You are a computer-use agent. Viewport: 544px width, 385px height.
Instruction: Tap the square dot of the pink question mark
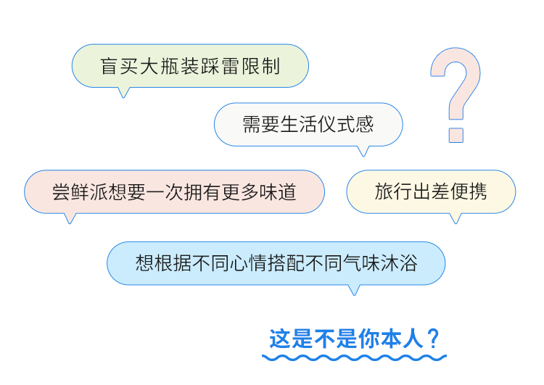click(456, 136)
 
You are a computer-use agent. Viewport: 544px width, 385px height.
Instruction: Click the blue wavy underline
click(354, 357)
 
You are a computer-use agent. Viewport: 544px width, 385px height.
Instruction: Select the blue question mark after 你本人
click(434, 339)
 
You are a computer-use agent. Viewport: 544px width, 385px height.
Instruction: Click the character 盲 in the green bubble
click(109, 66)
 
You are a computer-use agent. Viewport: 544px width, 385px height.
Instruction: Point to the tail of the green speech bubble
click(123, 92)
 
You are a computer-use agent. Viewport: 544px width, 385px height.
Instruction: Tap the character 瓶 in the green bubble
click(170, 66)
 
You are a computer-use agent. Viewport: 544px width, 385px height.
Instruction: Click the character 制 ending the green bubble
click(271, 66)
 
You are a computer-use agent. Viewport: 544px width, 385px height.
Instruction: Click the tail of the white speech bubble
click(363, 151)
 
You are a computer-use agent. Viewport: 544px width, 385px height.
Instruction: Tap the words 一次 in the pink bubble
click(165, 192)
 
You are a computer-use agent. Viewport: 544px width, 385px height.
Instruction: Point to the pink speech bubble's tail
click(70, 218)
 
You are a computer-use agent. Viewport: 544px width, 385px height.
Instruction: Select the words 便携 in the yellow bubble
click(469, 191)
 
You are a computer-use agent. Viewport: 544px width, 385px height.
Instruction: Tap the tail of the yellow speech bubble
click(456, 218)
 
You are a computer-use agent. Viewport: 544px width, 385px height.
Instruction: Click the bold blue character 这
click(280, 339)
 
